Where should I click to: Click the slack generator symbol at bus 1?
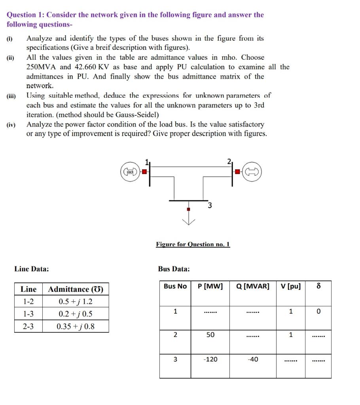[x=130, y=172]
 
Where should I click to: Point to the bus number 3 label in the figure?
[x=210, y=205]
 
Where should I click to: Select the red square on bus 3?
[x=189, y=208]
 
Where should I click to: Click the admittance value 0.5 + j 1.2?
[x=76, y=302]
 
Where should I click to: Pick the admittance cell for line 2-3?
[x=76, y=326]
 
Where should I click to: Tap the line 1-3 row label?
[x=28, y=314]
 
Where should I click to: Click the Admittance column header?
[x=76, y=289]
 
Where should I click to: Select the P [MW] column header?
[x=210, y=286]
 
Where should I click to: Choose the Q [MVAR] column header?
[x=252, y=286]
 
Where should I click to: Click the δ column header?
[x=318, y=286]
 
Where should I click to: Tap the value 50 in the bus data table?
[x=210, y=335]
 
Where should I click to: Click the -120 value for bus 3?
[x=210, y=360]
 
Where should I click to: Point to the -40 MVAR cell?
[x=252, y=360]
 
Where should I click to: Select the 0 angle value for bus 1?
[x=318, y=311]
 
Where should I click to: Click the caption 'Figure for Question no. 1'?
[x=193, y=244]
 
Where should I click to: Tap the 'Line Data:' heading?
[x=32, y=269]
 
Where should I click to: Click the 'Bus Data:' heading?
[x=174, y=269]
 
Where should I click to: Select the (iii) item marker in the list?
[x=11, y=96]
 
